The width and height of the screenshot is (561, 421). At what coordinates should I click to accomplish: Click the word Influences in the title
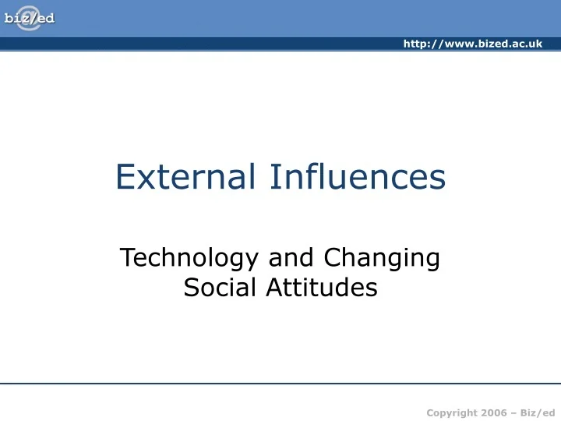(358, 177)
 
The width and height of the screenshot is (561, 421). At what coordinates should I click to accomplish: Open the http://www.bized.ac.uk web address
(472, 44)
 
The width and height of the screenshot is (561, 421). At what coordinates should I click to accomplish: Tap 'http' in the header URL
(415, 44)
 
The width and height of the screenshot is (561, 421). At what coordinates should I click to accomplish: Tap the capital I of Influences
(273, 177)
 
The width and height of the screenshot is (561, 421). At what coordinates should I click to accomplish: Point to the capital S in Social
(191, 288)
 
